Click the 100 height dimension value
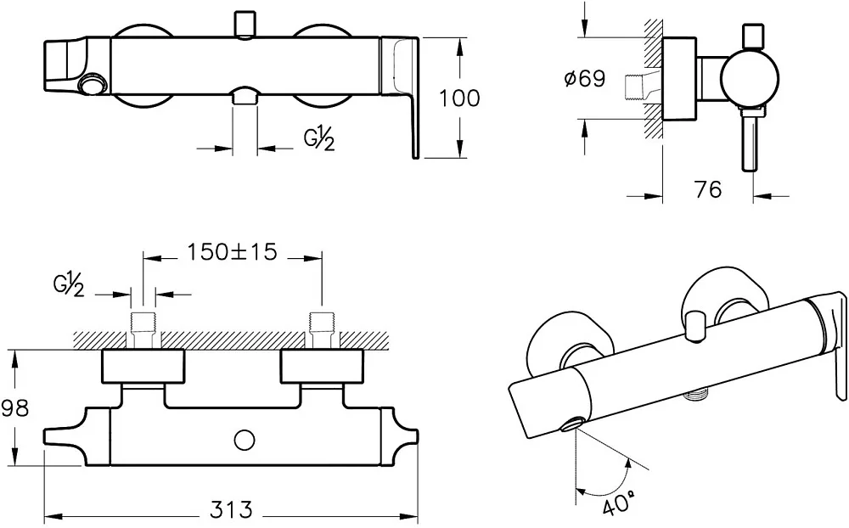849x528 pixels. (x=459, y=98)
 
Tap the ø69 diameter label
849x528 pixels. (x=584, y=79)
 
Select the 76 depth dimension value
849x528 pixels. (x=708, y=189)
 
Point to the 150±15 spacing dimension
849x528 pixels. (x=232, y=251)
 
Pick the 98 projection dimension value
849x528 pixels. (x=14, y=407)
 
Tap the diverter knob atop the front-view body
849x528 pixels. (x=245, y=23)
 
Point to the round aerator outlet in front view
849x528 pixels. (x=93, y=85)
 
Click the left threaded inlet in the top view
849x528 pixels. (x=143, y=329)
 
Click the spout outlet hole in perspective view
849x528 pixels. (x=571, y=425)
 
